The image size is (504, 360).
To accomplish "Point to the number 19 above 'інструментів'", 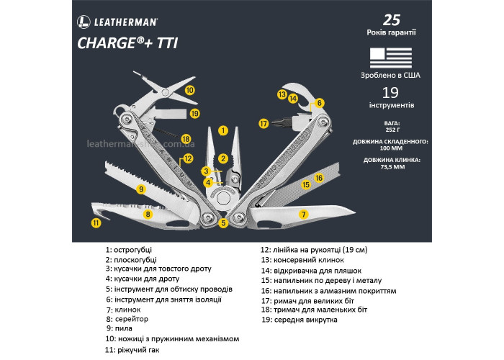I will (390, 92).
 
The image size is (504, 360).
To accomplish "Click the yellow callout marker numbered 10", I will (189, 91).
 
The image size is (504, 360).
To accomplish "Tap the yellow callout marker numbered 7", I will (304, 214).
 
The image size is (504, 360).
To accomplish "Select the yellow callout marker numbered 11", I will (96, 223).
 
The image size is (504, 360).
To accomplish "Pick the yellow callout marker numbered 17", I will (264, 124).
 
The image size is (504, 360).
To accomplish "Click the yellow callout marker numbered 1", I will (223, 131).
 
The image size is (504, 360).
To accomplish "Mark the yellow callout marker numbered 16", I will (318, 177).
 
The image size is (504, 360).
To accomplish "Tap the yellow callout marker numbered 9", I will (142, 189).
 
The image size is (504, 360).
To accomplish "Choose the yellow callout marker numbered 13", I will (282, 94).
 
